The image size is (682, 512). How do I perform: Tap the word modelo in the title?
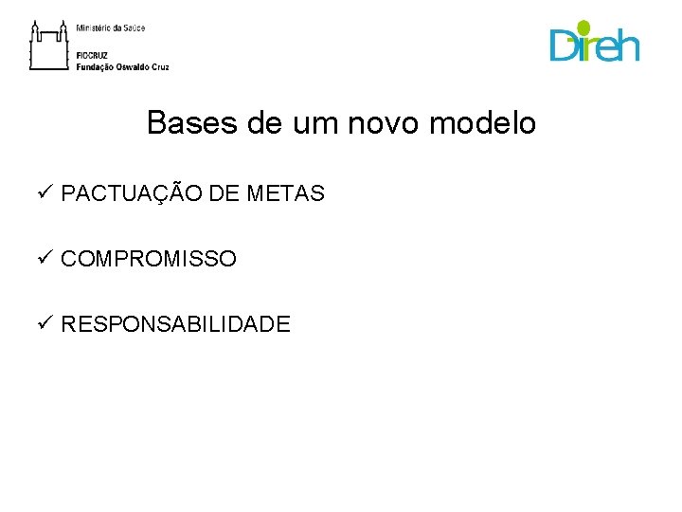coord(489,123)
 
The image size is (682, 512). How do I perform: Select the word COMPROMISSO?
coord(149,259)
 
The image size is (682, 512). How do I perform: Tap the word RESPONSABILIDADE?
coord(175,324)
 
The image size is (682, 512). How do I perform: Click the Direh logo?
coord(595,43)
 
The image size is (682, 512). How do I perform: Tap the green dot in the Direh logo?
coord(583,27)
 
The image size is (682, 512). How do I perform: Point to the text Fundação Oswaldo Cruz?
coord(123,67)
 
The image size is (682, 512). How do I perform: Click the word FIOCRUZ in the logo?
coord(92,57)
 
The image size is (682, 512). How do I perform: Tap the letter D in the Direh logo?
coord(564,46)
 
